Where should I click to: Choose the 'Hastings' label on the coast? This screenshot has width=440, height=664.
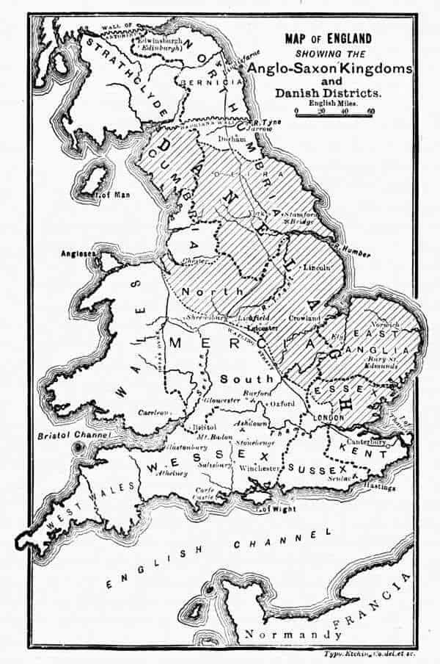pos(379,488)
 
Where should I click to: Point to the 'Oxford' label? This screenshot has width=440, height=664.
pos(281,403)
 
